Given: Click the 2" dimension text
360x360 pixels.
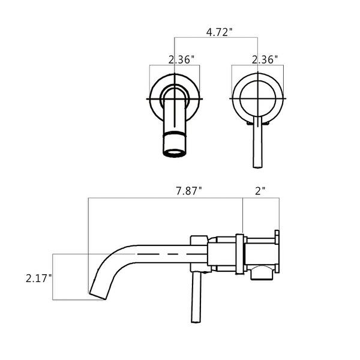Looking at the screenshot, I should click(260, 191).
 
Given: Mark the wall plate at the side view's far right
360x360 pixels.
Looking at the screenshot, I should click(277, 253).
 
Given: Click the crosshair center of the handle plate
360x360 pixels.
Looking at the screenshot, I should click(257, 97).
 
